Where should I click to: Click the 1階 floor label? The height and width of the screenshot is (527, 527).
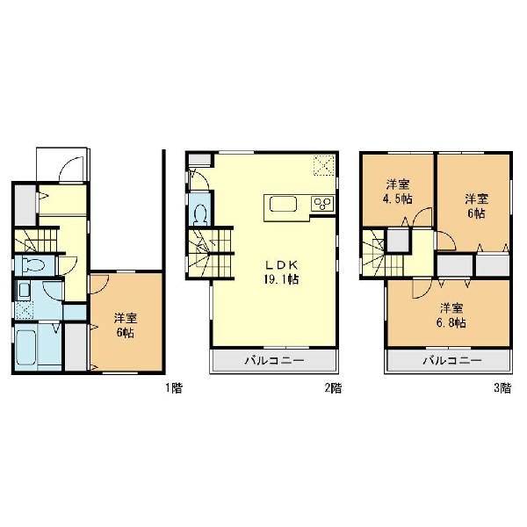174,388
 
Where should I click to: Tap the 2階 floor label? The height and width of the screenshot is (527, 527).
333,388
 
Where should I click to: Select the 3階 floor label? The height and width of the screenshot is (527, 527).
502,388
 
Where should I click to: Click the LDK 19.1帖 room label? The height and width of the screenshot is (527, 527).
282,272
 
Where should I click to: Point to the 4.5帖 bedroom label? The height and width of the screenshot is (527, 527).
398,191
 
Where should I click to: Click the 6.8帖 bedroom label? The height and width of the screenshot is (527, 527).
452,315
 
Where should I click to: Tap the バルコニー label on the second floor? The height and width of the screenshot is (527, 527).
275,361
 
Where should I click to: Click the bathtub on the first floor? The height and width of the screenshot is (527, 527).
25,347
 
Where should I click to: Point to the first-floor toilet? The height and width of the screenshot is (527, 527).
33,265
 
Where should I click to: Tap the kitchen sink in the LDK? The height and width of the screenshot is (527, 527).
283,204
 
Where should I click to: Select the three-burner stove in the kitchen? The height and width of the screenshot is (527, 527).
322,204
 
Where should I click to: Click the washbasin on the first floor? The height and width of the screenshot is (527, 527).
24,291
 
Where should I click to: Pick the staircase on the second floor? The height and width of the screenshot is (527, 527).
210,253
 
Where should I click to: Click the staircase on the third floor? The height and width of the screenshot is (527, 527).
383,253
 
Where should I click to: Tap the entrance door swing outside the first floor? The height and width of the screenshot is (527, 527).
71,170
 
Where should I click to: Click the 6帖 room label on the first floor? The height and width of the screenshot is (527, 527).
126,325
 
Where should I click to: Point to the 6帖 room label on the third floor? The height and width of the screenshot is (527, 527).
477,206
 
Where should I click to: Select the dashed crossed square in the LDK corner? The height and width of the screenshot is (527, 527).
324,165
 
